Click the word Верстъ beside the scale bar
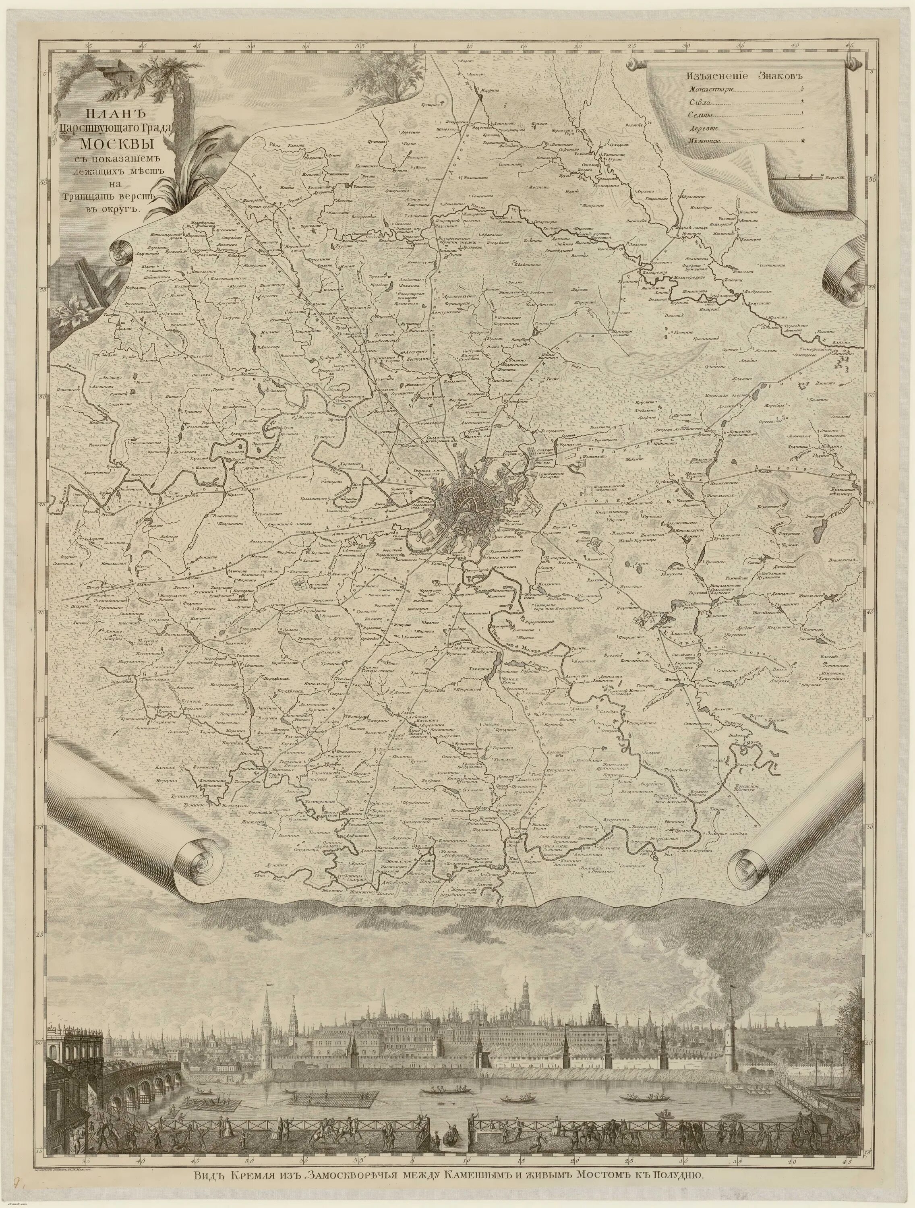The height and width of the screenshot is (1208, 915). pos(835,178)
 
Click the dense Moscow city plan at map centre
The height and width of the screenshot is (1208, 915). pos(462,499)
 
